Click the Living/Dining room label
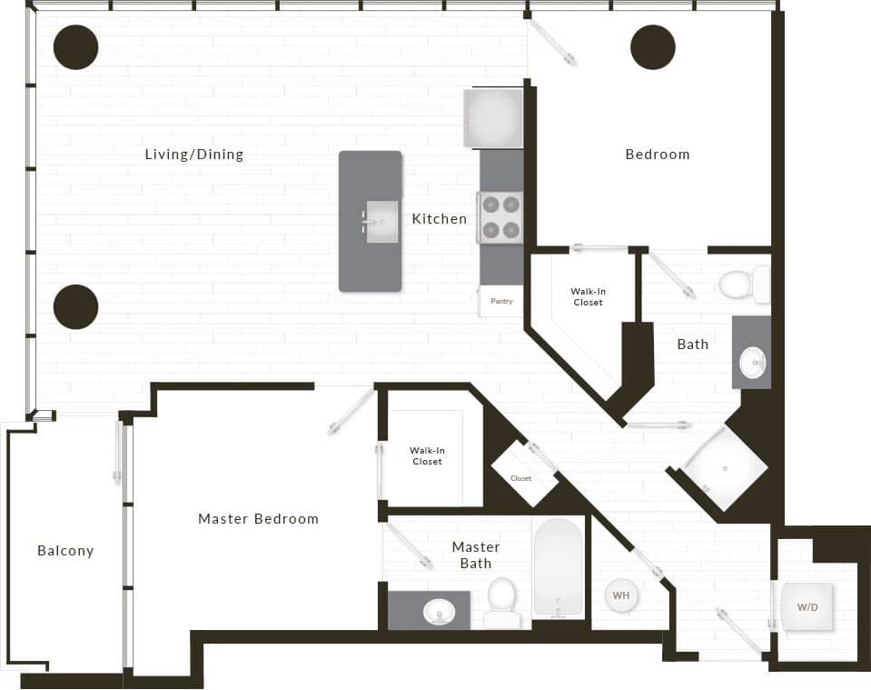194,155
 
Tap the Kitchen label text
440,219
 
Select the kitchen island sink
382,222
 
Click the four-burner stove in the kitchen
500,218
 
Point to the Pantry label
501,301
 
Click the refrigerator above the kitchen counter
493,117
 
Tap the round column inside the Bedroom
653,47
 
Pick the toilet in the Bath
742,285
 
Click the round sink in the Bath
753,363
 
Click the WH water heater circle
621,596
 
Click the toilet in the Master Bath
502,601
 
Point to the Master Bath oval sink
439,612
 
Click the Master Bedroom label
258,519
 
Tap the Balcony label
65,551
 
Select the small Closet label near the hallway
521,478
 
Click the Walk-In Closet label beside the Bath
588,296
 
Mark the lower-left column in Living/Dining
75,307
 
